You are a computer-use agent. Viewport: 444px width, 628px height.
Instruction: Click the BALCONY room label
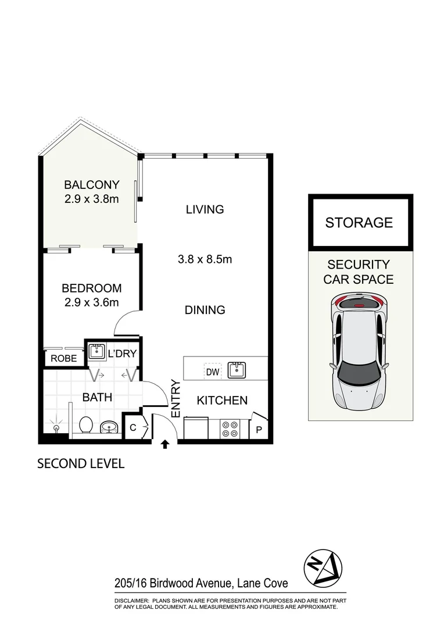(x=91, y=185)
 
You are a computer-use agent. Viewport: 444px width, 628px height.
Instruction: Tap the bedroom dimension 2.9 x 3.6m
(x=91, y=302)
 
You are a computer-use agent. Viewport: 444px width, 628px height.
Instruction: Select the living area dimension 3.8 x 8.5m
(x=205, y=259)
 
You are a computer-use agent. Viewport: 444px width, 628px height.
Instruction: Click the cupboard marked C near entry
(x=132, y=428)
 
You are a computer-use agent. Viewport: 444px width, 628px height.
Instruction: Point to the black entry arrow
(x=165, y=445)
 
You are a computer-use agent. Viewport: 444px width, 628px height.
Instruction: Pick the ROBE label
(x=63, y=359)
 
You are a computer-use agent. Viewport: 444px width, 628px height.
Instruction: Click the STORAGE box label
(x=359, y=222)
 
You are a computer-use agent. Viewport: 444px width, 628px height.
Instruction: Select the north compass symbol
(x=324, y=567)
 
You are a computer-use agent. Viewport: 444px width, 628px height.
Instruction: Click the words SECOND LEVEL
(x=81, y=463)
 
